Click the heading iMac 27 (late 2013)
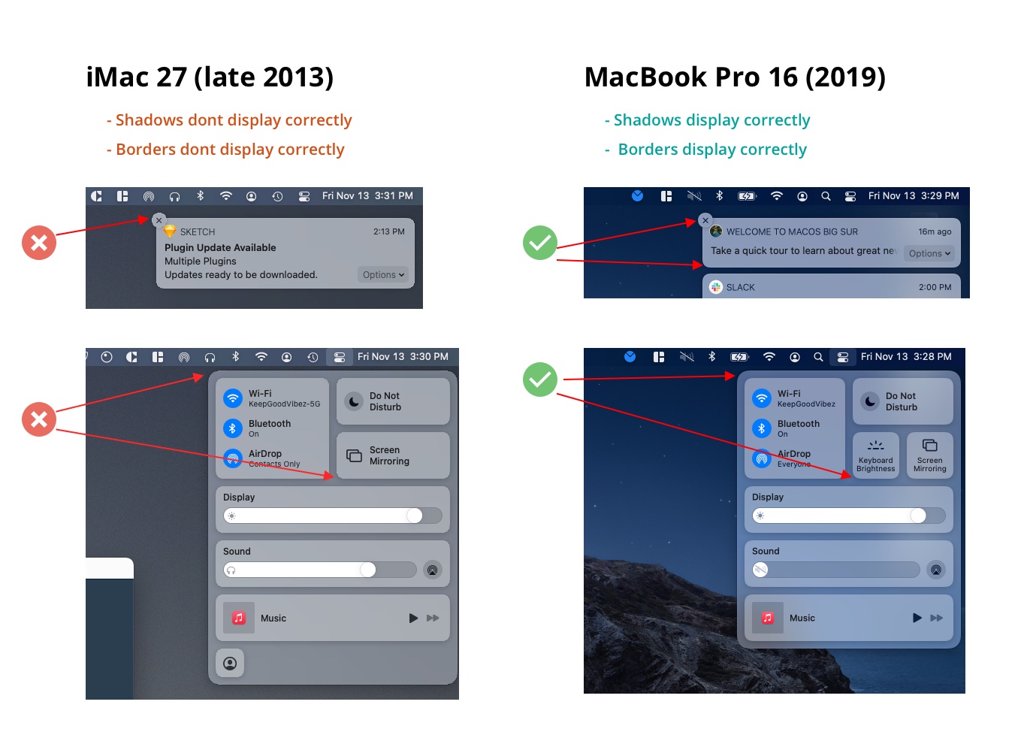click(x=210, y=77)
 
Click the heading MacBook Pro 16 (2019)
click(x=735, y=77)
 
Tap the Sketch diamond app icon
click(x=170, y=231)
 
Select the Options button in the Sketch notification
click(x=383, y=275)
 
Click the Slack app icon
click(x=715, y=287)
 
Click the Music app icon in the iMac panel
click(x=238, y=618)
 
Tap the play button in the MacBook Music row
click(x=917, y=618)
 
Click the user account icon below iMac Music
click(x=230, y=663)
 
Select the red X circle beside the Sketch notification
click(x=39, y=243)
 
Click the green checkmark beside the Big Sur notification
click(x=540, y=243)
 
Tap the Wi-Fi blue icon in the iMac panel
click(x=233, y=398)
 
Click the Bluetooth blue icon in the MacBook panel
click(x=762, y=428)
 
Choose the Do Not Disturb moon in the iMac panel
click(x=354, y=401)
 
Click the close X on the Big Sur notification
click(x=705, y=220)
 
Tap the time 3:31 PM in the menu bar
click(x=394, y=196)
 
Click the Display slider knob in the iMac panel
click(x=415, y=516)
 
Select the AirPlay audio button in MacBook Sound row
click(x=936, y=570)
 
